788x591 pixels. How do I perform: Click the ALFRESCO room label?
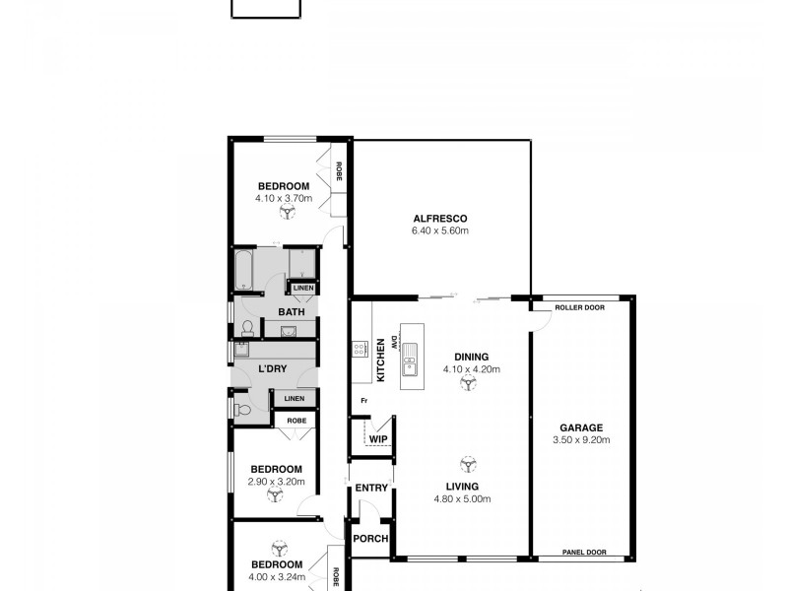click(439, 218)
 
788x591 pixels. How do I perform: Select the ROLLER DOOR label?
click(577, 306)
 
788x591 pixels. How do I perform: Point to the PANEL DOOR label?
click(582, 553)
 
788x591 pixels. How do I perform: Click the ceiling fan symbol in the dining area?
click(464, 386)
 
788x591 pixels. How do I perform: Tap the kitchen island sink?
click(409, 360)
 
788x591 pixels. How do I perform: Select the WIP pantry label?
click(378, 439)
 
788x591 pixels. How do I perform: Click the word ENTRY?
click(371, 488)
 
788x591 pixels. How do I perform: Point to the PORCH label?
click(371, 539)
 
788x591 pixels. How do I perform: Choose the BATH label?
click(291, 312)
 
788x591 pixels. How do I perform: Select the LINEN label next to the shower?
click(302, 288)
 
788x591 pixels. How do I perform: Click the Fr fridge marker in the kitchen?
click(362, 400)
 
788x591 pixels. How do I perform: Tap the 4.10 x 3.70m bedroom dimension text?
click(284, 198)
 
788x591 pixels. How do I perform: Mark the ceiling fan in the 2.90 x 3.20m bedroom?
click(276, 497)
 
